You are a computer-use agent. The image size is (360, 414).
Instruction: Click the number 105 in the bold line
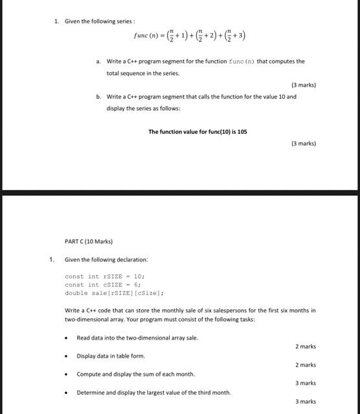[x=242, y=132]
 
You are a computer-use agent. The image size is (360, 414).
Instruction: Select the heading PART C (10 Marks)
[x=89, y=241]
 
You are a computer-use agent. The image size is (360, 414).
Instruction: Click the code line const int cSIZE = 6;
[x=103, y=285]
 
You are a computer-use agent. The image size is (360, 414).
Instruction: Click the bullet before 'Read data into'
[x=67, y=338]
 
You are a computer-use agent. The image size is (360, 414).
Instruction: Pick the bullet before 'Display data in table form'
[x=67, y=356]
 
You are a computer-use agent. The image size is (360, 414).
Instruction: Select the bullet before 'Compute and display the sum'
[x=67, y=374]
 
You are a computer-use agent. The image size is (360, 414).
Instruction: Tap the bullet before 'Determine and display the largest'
[x=67, y=392]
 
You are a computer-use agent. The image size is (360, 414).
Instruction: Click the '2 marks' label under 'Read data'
[x=306, y=347]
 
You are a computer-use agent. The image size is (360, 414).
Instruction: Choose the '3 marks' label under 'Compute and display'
[x=306, y=383]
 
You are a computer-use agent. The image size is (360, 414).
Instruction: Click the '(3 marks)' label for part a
[x=304, y=85]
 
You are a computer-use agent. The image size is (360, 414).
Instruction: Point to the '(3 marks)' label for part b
[x=304, y=143]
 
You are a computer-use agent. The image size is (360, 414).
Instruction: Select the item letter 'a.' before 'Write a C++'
[x=98, y=61]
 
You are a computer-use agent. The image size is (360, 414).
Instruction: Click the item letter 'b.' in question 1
[x=98, y=96]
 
